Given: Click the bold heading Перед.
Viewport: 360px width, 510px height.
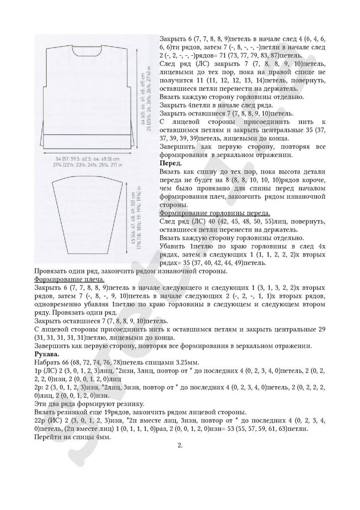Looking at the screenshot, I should pos(170,163).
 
